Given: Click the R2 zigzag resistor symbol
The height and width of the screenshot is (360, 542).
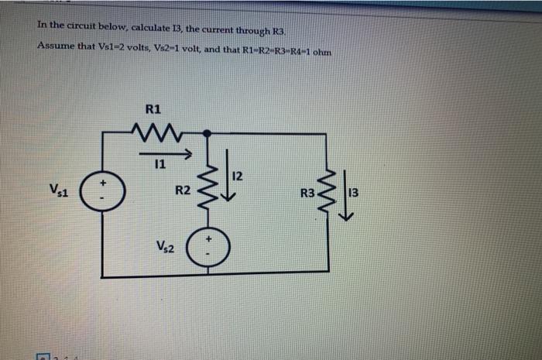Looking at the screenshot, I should [x=206, y=190].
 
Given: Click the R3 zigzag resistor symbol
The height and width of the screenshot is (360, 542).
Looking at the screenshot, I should [x=330, y=190].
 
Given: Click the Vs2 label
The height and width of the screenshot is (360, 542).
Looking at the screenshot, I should [x=165, y=249].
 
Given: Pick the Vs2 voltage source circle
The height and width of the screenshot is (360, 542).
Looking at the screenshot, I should [x=206, y=246].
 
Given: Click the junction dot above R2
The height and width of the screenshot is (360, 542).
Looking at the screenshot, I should [x=206, y=133].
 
